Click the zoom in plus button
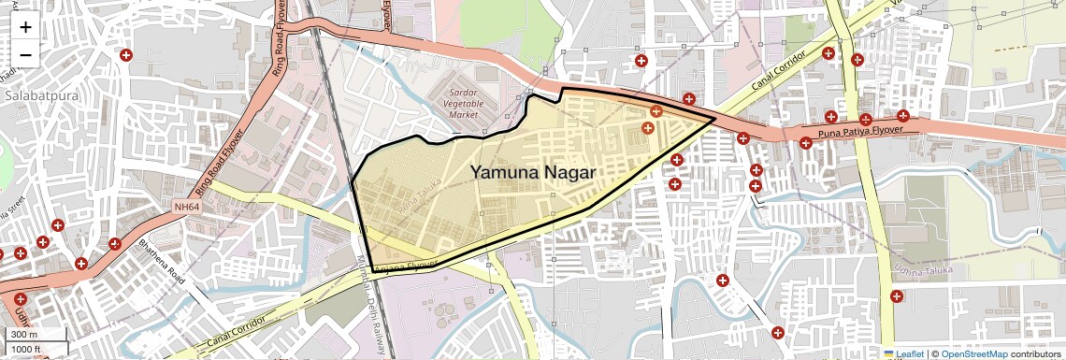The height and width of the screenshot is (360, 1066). pyautogui.click(x=25, y=27)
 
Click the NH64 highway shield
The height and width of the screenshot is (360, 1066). pyautogui.click(x=186, y=206)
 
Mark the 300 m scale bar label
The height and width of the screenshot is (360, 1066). pyautogui.click(x=24, y=335)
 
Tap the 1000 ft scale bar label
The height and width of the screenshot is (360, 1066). pyautogui.click(x=27, y=350)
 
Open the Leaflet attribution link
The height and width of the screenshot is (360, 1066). pyautogui.click(x=903, y=353)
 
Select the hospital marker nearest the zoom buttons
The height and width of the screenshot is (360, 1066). pyautogui.click(x=125, y=55)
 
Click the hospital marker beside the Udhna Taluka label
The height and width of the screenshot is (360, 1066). pyautogui.click(x=897, y=296)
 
